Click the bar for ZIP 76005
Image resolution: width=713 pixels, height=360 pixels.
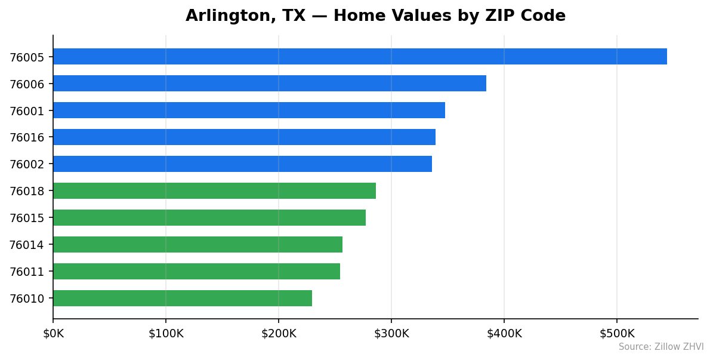[360, 57]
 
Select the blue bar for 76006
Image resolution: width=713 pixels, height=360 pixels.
[270, 84]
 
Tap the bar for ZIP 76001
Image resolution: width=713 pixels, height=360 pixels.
[249, 110]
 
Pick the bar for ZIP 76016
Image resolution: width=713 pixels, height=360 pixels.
[244, 137]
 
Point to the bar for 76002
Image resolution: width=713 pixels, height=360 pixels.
[242, 164]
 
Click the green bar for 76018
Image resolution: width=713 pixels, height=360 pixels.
[214, 191]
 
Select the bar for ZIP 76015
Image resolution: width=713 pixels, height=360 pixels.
[209, 218]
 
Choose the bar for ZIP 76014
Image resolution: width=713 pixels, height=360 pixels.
[197, 245]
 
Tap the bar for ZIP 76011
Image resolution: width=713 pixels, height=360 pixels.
[196, 272]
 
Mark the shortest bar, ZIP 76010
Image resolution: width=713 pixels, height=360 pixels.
[183, 299]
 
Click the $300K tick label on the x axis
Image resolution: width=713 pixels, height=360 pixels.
[391, 334]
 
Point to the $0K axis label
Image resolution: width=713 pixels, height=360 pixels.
[53, 334]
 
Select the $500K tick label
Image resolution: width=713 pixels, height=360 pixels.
[617, 334]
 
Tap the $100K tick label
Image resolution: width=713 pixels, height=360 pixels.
[166, 334]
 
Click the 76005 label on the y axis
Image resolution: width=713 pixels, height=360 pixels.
[27, 57]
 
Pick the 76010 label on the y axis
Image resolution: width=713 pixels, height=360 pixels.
[27, 299]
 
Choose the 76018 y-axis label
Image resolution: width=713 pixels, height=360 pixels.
[27, 192]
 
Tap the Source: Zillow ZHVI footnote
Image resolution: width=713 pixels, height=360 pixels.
[660, 347]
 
